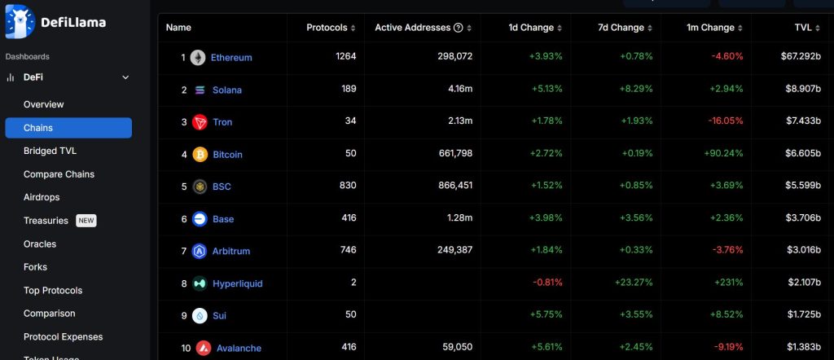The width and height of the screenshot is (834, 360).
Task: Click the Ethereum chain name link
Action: (x=231, y=58)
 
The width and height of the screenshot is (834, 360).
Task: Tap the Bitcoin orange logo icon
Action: (x=200, y=155)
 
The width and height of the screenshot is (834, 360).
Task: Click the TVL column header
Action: (x=802, y=28)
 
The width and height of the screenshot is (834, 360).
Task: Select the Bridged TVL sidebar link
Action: (x=50, y=151)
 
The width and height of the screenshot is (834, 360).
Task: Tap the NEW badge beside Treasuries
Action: (x=86, y=221)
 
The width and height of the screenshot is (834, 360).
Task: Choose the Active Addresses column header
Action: (x=412, y=28)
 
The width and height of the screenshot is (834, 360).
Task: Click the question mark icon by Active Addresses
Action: (x=459, y=28)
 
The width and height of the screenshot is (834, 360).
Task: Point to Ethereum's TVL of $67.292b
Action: (x=800, y=57)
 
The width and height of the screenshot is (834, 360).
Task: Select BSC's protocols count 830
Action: (x=347, y=186)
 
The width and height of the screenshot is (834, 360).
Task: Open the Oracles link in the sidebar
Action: (x=40, y=244)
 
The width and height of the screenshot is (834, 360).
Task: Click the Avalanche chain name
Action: (x=239, y=348)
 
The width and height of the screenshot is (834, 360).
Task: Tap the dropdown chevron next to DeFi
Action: (x=125, y=77)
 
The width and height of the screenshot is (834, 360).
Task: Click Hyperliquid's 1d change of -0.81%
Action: (x=547, y=283)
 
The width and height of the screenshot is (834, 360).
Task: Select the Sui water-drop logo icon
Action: (x=200, y=316)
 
